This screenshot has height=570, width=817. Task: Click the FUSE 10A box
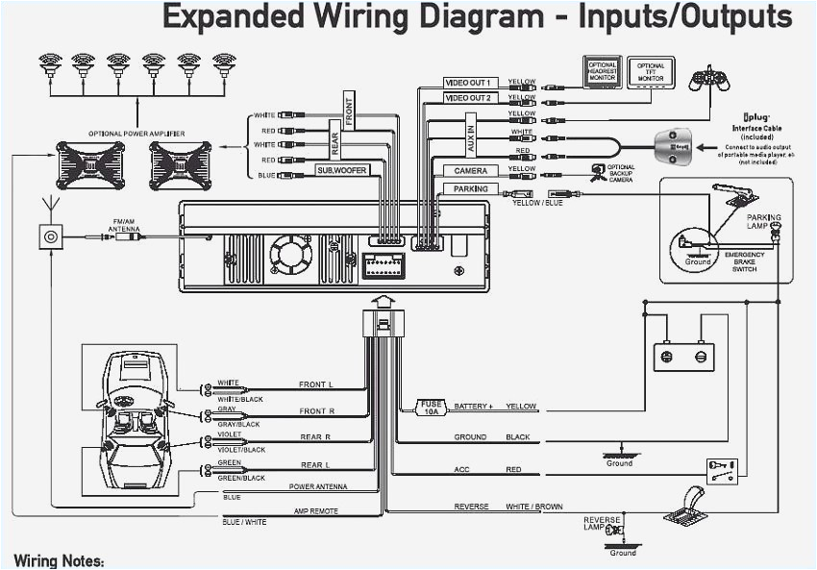[430, 407]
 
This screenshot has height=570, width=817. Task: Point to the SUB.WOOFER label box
[343, 170]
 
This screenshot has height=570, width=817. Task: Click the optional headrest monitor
[603, 70]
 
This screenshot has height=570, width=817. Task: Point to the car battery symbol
[681, 356]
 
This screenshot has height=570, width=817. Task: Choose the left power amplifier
[89, 164]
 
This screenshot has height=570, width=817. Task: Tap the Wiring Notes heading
[59, 560]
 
